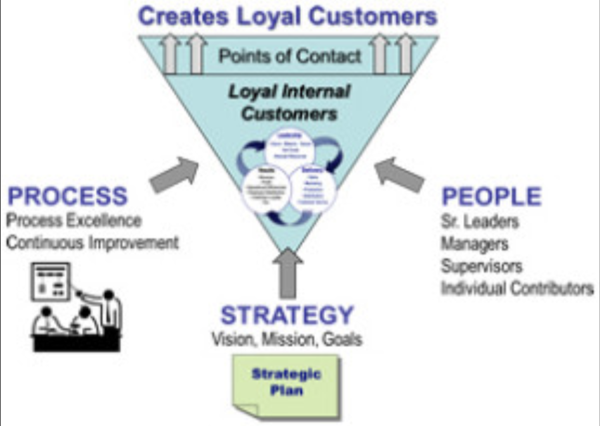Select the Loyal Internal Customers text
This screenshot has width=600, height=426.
(289, 103)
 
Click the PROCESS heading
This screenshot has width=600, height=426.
(68, 196)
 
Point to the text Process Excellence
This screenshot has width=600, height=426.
(73, 221)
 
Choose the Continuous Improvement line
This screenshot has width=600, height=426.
(93, 242)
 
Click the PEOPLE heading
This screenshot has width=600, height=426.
(491, 197)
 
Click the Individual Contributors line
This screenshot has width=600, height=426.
(516, 287)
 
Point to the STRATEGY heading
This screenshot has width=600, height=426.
(286, 315)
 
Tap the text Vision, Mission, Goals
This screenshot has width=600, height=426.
(287, 339)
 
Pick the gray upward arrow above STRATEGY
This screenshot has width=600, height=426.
(289, 272)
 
